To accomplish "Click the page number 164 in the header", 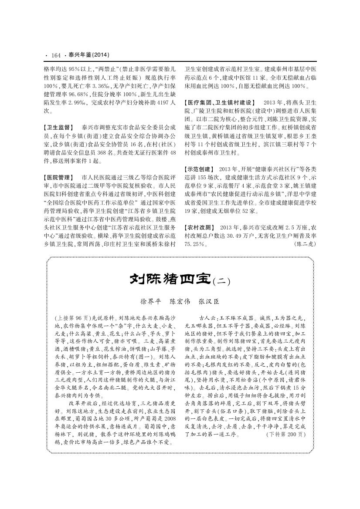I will point(56,55).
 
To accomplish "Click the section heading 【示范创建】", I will point(199,168).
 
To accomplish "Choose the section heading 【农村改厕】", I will point(199,228).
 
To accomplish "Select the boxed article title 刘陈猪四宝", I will point(170,279).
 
